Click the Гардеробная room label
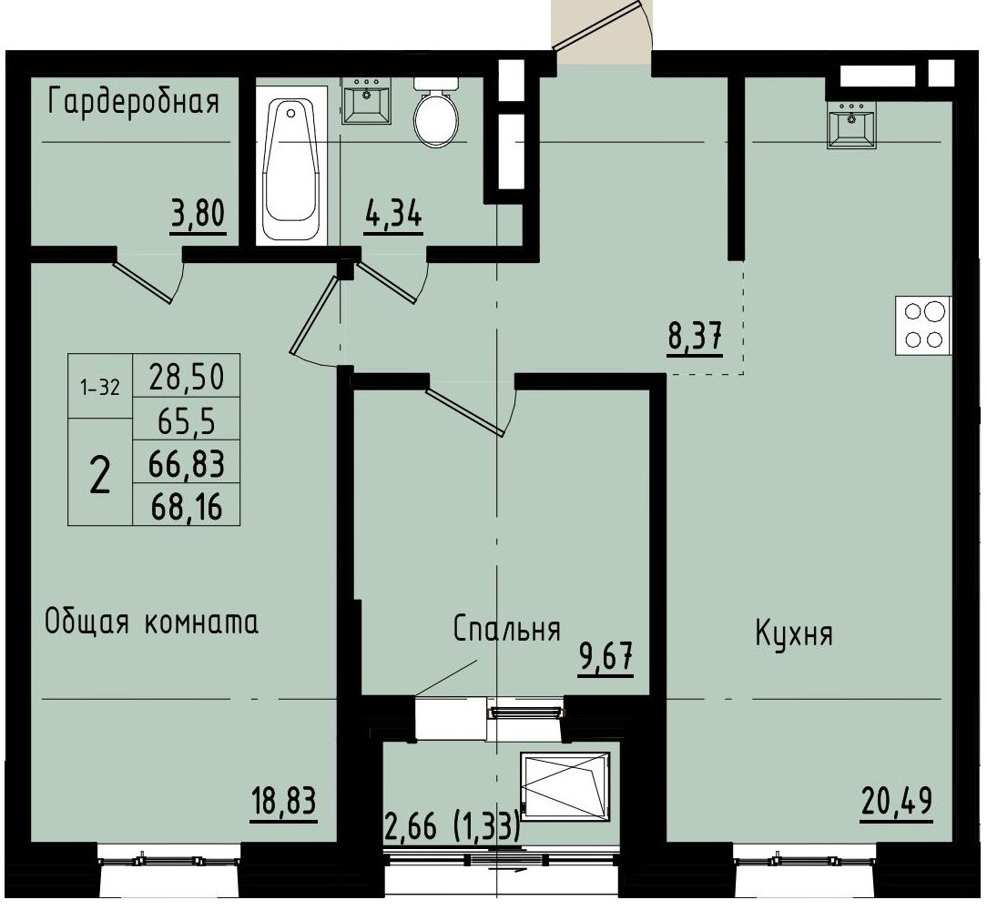(133, 101)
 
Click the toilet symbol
(436, 111)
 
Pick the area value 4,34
(393, 217)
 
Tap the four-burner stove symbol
(923, 325)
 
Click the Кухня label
(794, 634)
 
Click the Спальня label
(506, 629)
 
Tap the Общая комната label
(152, 622)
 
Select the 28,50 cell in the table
(186, 375)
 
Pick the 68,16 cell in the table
(186, 505)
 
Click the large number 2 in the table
(100, 473)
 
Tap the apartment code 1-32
(100, 387)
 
